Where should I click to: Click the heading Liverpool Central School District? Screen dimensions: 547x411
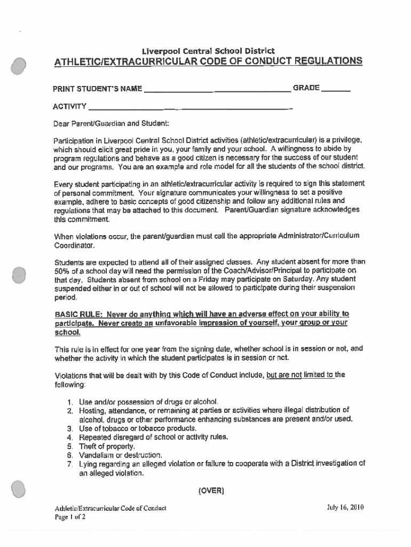point(208,51)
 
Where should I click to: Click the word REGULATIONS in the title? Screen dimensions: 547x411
point(320,61)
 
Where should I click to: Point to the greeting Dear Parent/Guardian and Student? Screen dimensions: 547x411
point(110,124)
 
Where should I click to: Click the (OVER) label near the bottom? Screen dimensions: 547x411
point(211,490)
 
